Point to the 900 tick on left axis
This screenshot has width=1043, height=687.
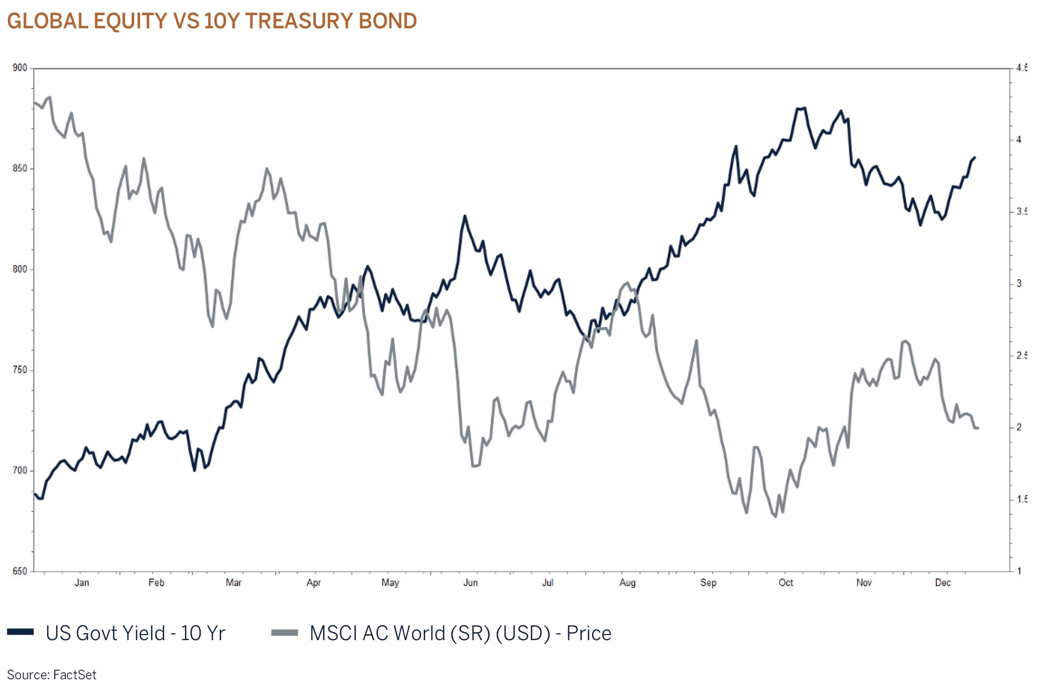pos(20,68)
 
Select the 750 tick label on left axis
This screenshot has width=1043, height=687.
pos(20,370)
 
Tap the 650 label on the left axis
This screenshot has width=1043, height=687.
pos(20,571)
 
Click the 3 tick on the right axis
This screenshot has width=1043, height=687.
pos(1019,283)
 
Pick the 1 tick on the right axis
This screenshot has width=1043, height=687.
pos(1019,571)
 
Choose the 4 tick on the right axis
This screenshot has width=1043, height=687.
pos(1019,140)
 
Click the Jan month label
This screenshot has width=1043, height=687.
pos(82,583)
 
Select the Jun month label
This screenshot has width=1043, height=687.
pos(470,583)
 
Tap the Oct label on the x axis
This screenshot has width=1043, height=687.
pos(786,583)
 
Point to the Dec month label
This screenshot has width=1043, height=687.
pos(943,583)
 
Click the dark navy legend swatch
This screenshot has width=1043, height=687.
pos(20,632)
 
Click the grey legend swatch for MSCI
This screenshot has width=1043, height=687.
pos(285,633)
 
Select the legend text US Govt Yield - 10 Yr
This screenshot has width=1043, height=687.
pos(135,633)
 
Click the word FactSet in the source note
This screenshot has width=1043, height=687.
pos(74,675)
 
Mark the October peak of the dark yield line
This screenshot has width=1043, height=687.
pos(801,108)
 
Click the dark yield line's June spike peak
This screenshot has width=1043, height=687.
pos(465,215)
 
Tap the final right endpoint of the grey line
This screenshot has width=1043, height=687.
pos(978,428)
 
